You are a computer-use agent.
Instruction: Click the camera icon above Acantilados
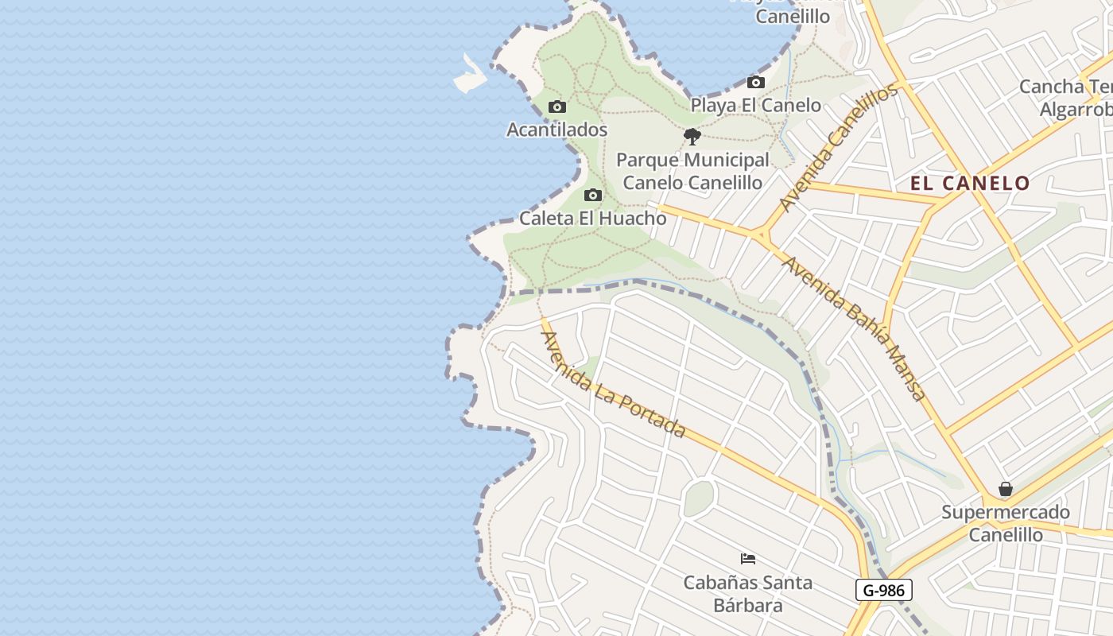(x=557, y=107)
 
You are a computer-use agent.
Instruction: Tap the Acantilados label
(x=557, y=130)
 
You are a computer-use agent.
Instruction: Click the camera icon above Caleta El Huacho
(x=592, y=195)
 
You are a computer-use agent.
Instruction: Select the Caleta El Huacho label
(x=592, y=218)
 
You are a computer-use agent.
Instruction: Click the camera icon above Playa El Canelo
(x=755, y=82)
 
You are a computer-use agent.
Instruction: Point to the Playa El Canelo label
(x=755, y=105)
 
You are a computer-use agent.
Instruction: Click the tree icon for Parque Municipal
(x=692, y=137)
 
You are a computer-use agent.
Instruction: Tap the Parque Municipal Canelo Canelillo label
(x=692, y=171)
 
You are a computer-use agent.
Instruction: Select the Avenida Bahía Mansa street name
(x=855, y=328)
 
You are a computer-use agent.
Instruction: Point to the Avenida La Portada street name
(x=613, y=384)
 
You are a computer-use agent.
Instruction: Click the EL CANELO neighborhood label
(x=970, y=184)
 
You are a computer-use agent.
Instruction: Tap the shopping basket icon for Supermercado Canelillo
(x=1006, y=489)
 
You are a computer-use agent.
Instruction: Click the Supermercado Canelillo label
(x=1006, y=523)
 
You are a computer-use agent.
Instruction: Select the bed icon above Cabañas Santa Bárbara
(x=747, y=558)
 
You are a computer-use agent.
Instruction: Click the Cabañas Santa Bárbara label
(x=747, y=593)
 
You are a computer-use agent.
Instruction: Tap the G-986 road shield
(x=883, y=590)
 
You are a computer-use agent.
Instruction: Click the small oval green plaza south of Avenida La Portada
(x=698, y=498)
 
